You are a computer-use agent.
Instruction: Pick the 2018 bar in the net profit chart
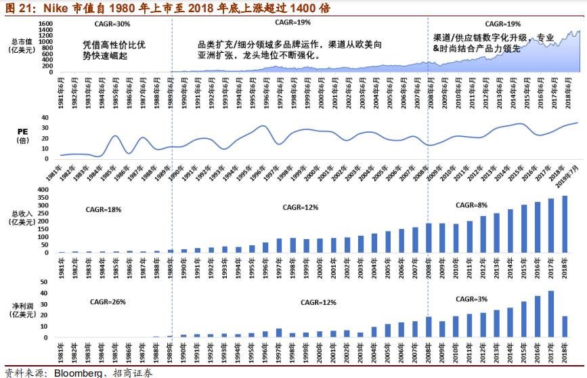565,327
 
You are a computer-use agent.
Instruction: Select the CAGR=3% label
473,298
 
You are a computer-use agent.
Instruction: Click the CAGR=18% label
105,209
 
